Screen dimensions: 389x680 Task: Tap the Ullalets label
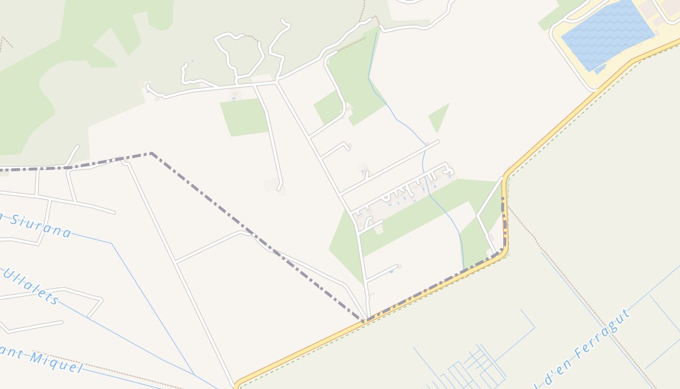click(x=32, y=286)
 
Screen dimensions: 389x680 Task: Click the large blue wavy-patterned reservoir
click(x=607, y=34)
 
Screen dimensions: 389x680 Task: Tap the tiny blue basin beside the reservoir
click(x=600, y=70)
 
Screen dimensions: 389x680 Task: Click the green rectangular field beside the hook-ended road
click(x=244, y=117)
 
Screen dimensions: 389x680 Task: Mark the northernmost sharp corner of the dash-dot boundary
click(x=151, y=154)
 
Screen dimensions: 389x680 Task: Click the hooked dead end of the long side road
click(x=280, y=187)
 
